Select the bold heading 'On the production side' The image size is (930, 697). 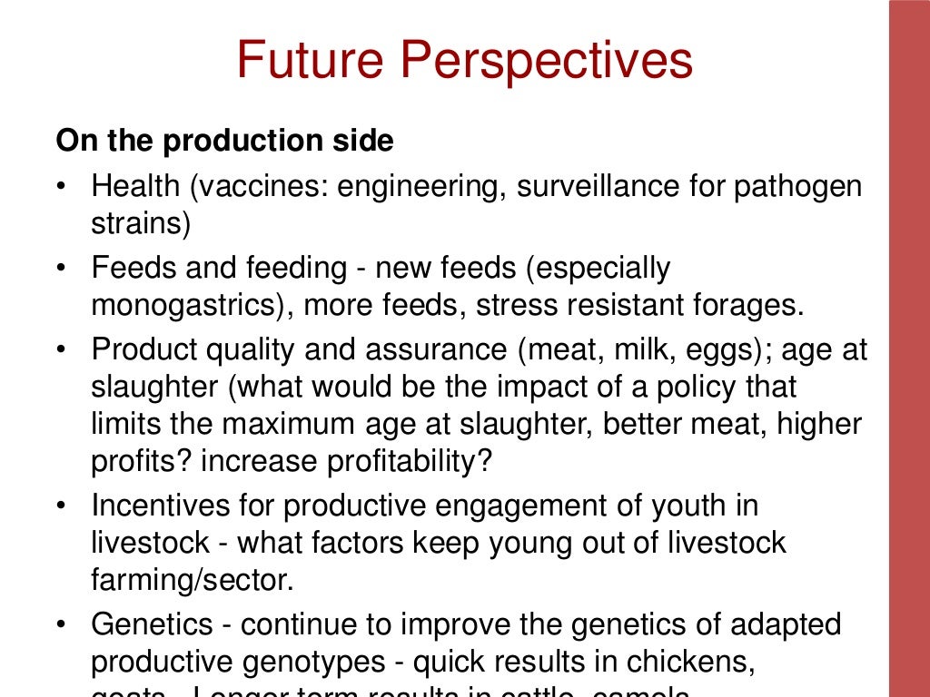coord(224,142)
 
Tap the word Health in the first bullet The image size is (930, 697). coord(136,188)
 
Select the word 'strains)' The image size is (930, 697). coord(141,224)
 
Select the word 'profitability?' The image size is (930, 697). coord(346,460)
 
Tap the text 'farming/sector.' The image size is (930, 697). coord(193,579)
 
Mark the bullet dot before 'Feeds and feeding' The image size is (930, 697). coord(61,270)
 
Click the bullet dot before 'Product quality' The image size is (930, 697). coord(61,351)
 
